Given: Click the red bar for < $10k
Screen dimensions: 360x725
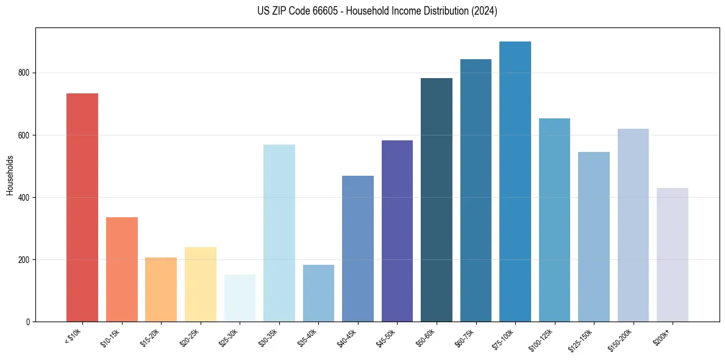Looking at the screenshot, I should [x=82, y=207].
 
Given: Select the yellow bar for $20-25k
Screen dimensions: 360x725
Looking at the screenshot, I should [x=201, y=284].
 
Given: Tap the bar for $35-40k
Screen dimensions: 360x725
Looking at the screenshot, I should [x=318, y=293].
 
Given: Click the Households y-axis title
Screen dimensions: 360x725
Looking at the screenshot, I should [x=10, y=175].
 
